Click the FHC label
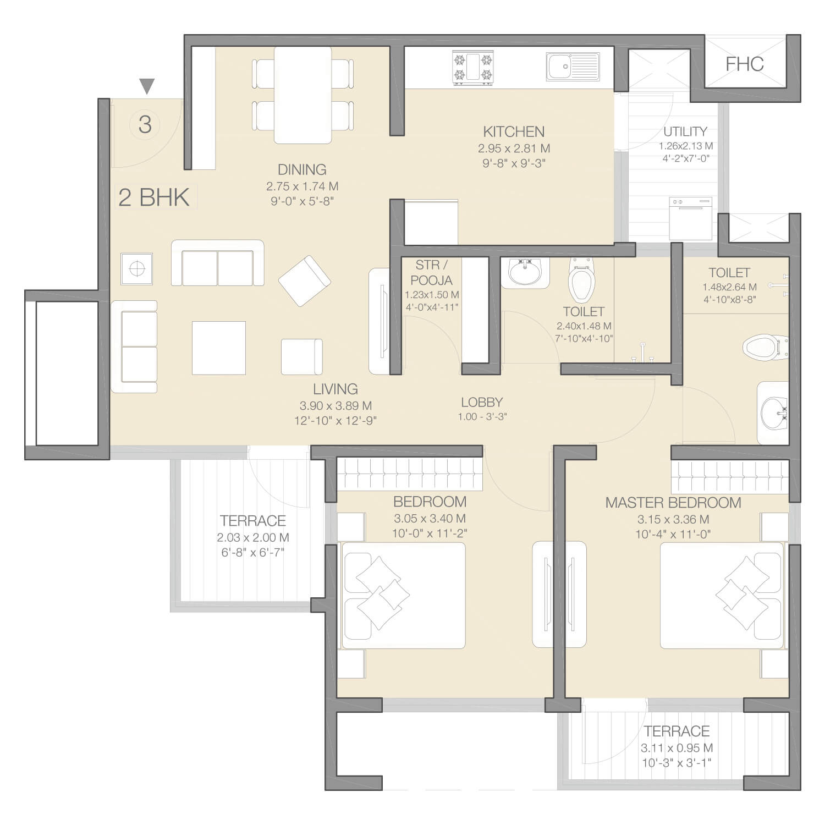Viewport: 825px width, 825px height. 745,64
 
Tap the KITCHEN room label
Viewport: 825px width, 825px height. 514,132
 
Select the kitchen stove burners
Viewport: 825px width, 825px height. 472,68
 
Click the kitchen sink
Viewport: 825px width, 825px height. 573,67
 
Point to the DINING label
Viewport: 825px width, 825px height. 302,169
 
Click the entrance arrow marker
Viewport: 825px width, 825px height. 146,86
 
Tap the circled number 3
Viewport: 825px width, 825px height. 145,124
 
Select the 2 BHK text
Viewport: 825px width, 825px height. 154,197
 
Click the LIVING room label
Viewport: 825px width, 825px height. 335,389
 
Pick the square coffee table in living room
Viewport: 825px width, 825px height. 218,348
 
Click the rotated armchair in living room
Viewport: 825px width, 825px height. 304,280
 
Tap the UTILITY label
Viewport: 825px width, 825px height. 685,131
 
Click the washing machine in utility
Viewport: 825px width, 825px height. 691,218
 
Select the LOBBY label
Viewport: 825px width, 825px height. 482,402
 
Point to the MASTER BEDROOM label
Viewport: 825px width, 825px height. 673,503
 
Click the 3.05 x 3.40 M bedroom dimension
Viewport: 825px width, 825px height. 430,518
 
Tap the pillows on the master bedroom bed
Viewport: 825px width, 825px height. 743,594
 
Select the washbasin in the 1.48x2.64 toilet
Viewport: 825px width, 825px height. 773,413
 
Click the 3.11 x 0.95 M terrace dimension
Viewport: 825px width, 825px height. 676,748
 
